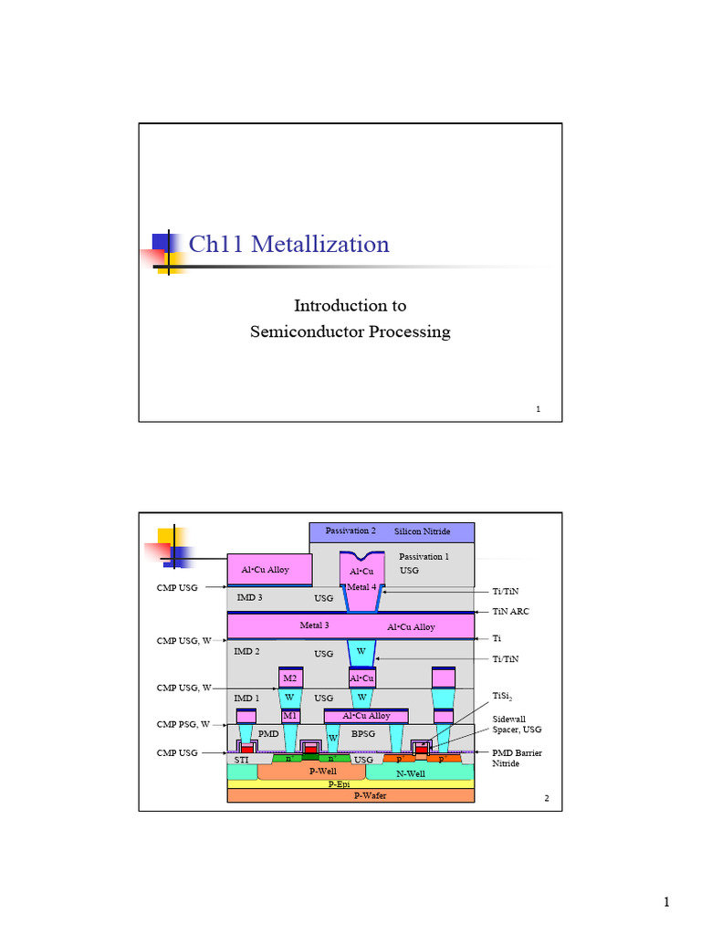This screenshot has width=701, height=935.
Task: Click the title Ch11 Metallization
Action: click(x=288, y=245)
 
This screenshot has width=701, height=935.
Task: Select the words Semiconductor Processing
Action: click(x=350, y=331)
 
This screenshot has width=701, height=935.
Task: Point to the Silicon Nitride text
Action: click(x=422, y=531)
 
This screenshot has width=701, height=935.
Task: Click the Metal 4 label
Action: click(x=361, y=587)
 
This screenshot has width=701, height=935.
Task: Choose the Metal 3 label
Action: click(x=314, y=625)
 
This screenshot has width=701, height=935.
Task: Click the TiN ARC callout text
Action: click(x=510, y=612)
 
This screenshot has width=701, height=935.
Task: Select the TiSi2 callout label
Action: click(x=504, y=697)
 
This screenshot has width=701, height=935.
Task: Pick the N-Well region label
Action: click(x=412, y=772)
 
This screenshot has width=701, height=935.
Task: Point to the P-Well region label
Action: click(x=323, y=772)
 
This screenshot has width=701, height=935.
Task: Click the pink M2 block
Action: click(x=290, y=678)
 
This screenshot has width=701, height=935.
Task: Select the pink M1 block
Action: click(x=290, y=716)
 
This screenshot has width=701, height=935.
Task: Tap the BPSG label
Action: click(x=363, y=733)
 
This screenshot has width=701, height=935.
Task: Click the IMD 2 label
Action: click(x=247, y=652)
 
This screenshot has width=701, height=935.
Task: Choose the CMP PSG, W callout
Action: click(x=183, y=724)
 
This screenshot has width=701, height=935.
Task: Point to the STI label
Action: click(x=241, y=759)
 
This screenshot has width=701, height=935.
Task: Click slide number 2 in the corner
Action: click(x=546, y=799)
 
